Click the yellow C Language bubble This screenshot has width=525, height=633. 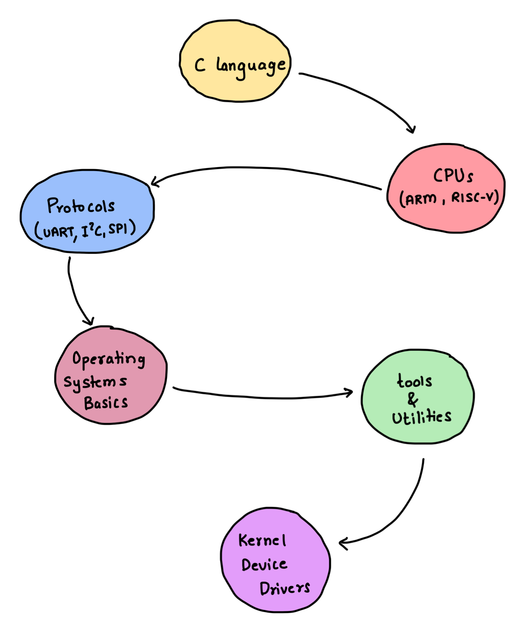click(x=235, y=61)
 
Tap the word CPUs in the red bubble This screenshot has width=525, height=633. click(x=453, y=176)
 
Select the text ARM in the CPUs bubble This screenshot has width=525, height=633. click(x=421, y=198)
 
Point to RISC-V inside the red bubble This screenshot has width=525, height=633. click(x=475, y=197)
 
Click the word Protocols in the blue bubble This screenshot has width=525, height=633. click(x=81, y=206)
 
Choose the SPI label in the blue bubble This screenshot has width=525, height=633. click(x=121, y=228)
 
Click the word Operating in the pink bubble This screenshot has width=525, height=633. click(x=108, y=359)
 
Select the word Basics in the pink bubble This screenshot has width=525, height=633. click(x=106, y=403)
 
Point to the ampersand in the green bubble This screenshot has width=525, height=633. click(x=413, y=400)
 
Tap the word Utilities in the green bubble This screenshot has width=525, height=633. click(x=422, y=417)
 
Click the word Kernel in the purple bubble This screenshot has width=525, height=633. click(x=262, y=541)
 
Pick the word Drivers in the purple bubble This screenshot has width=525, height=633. click(x=284, y=588)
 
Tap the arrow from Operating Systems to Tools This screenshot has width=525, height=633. click(x=266, y=396)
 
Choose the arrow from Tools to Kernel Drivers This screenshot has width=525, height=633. click(x=403, y=511)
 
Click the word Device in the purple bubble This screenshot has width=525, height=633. click(x=264, y=565)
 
